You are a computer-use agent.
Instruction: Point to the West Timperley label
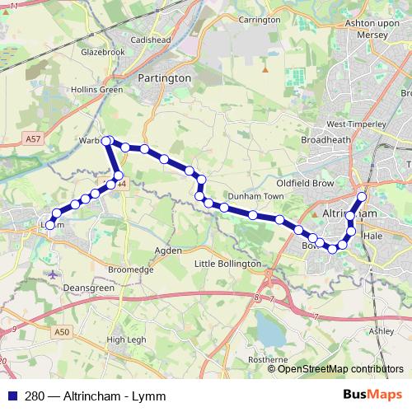pyautogui.click(x=356, y=124)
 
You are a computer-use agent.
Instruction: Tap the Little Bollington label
pyautogui.click(x=227, y=263)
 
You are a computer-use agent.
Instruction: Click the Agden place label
pyautogui.click(x=168, y=249)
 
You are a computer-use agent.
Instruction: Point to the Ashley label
pyautogui.click(x=382, y=330)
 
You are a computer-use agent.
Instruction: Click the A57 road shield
pyautogui.click(x=32, y=139)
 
